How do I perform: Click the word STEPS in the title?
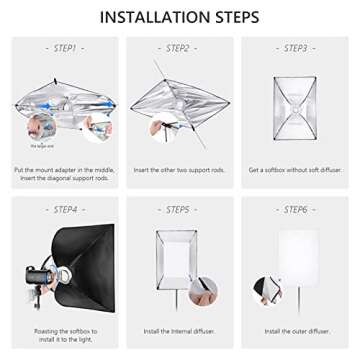pyautogui.click(x=232, y=17)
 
